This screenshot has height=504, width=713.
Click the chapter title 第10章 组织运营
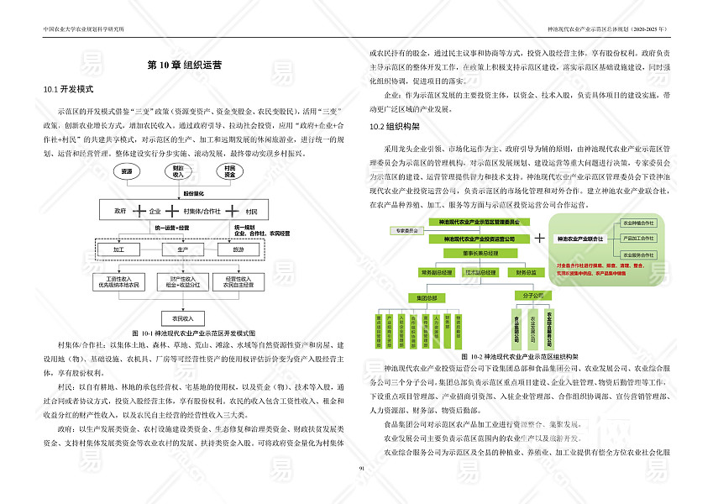(184, 65)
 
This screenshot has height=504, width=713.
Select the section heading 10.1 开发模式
(67, 88)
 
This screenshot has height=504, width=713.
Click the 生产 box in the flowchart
(181, 249)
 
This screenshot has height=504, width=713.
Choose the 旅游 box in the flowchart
(239, 249)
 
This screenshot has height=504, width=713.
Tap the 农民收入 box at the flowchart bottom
(181, 318)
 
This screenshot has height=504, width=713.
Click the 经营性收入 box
(239, 281)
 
